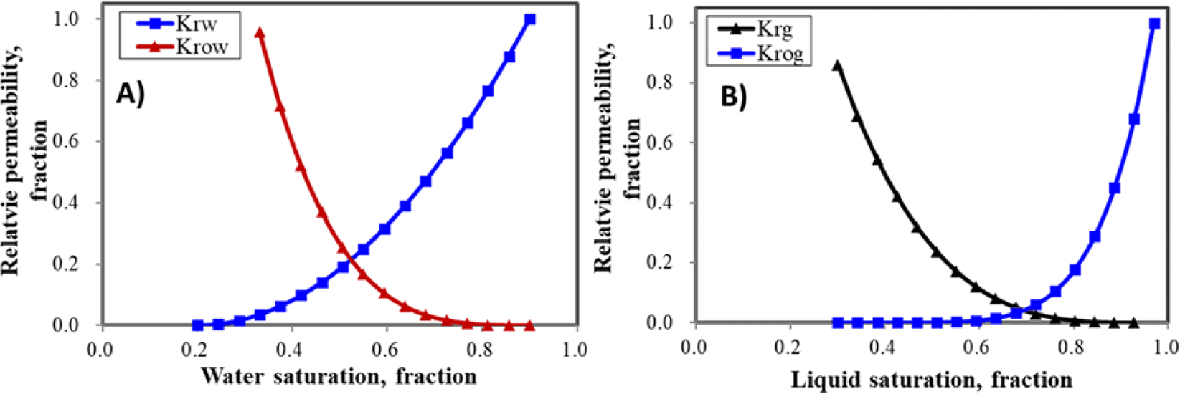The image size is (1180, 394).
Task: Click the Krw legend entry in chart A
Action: [x=179, y=23]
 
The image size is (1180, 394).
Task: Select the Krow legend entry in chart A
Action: [x=179, y=47]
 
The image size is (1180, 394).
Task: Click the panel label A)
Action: [x=131, y=94]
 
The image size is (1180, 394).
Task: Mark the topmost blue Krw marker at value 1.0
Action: [x=530, y=19]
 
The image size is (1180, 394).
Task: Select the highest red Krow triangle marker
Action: [x=260, y=32]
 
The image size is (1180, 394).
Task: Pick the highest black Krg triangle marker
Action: [x=836, y=65]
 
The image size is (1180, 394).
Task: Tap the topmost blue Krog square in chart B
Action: [x=1154, y=24]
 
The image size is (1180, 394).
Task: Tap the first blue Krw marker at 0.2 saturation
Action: [x=198, y=325]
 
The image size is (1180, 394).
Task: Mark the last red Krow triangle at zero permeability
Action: [x=530, y=325]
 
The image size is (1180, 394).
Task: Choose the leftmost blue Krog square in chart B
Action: [x=837, y=323]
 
